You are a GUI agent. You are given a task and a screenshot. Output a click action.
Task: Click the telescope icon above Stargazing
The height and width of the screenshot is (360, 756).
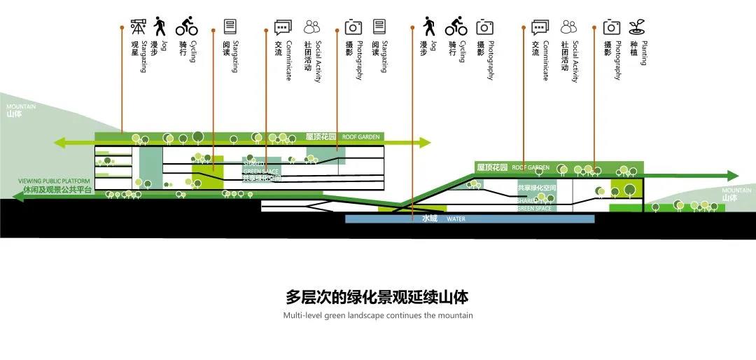pyautogui.click(x=138, y=27)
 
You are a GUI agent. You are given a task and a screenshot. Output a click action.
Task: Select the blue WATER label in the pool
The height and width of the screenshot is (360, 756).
pyautogui.click(x=456, y=219)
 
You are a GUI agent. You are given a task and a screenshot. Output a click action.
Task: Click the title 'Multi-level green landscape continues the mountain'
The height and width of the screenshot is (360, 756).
pyautogui.click(x=378, y=315)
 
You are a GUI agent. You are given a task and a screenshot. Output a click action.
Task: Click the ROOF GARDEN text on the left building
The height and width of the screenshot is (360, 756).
pyautogui.click(x=361, y=137)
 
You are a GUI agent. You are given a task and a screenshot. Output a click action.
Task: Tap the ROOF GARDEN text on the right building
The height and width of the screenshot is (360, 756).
pyautogui.click(x=531, y=167)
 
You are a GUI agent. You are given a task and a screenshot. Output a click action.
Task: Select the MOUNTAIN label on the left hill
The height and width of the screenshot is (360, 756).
pyautogui.click(x=22, y=106)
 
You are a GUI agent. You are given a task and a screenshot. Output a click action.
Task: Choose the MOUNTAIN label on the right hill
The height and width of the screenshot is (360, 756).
pyautogui.click(x=736, y=191)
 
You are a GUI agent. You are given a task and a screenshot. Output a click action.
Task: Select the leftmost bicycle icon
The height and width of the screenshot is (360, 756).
pyautogui.click(x=186, y=27)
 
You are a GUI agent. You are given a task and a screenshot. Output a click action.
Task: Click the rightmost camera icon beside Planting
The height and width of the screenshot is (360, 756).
pyautogui.click(x=612, y=27)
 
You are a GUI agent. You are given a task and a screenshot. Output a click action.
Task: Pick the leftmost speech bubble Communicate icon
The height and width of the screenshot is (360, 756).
pyautogui.click(x=282, y=28)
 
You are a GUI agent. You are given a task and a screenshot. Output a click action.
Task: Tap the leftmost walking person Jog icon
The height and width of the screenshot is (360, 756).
pyautogui.click(x=160, y=27)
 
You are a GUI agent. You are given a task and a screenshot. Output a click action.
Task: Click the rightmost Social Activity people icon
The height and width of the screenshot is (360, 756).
pyautogui.click(x=568, y=27)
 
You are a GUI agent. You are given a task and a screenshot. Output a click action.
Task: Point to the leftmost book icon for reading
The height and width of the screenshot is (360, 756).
pyautogui.click(x=230, y=27)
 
